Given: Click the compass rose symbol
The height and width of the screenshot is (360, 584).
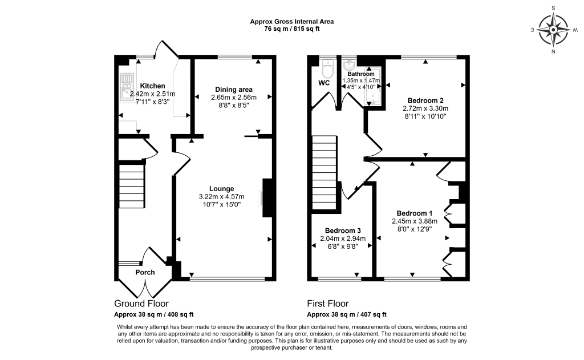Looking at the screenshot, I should tap(553, 30).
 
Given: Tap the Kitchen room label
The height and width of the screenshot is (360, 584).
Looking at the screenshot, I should tap(152, 86).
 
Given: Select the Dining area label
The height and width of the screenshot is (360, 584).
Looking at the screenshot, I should tap(233, 89).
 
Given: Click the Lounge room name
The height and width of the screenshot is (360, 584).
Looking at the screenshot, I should tap(221, 189).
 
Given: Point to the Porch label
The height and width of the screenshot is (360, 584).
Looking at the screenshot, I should tap(145, 272).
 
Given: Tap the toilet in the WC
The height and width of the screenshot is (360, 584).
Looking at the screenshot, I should tap(327, 71).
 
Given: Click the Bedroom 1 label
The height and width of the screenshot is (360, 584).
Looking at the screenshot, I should tap(414, 213).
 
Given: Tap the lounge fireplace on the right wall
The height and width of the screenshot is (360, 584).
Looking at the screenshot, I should tap(266, 198).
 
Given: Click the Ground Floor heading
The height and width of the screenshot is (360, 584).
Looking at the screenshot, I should tap(141, 304).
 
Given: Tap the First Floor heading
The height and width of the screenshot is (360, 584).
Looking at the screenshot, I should tap(328, 304).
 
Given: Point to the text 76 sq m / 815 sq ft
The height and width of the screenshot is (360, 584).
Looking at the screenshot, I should tap(291, 30).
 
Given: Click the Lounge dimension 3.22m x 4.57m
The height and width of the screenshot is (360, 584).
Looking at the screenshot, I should tap(221, 197).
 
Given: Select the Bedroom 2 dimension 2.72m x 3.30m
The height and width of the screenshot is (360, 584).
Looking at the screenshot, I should tap(425, 108).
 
